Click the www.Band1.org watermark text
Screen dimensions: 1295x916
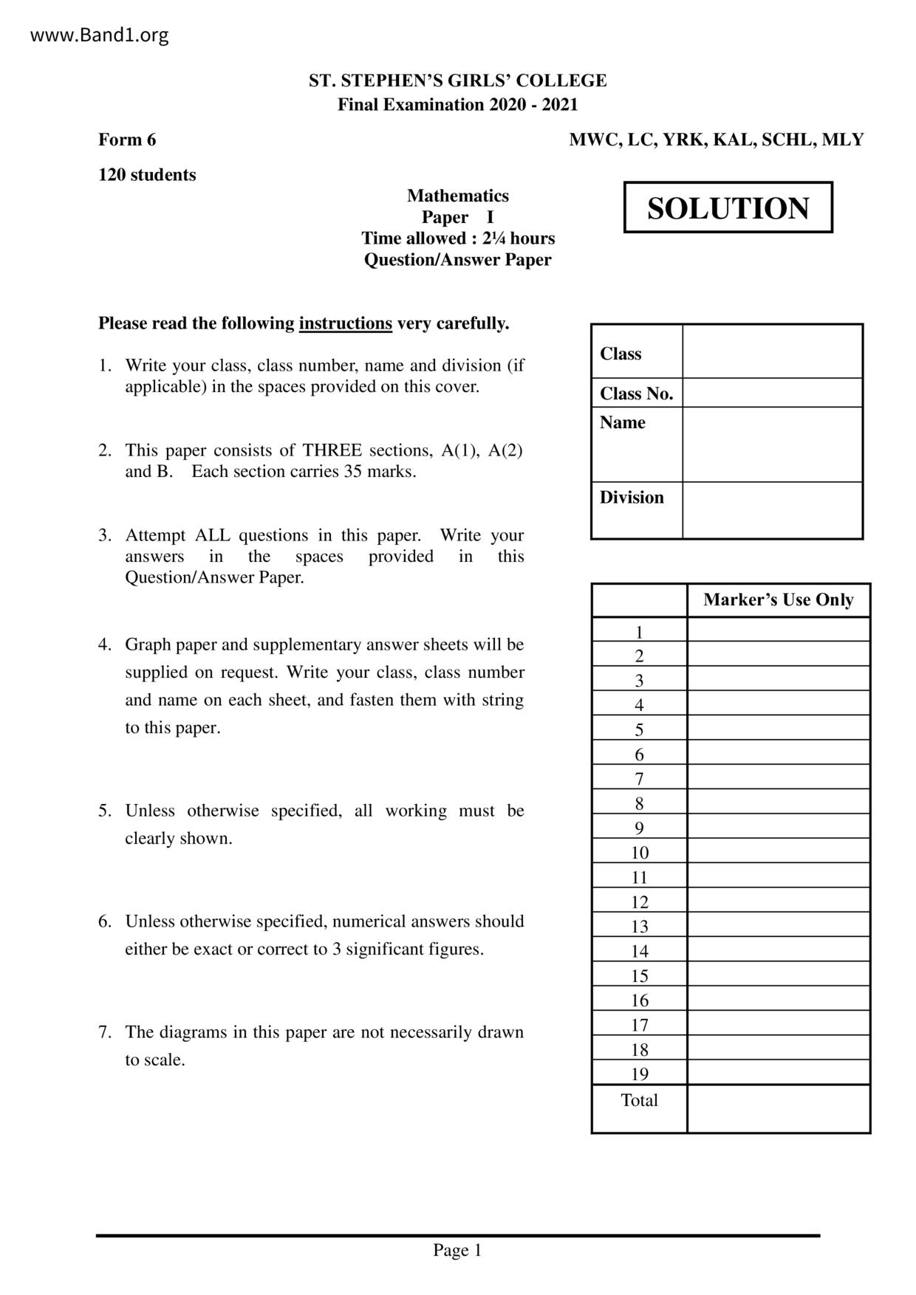[99, 35]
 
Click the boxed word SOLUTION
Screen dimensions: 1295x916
[728, 208]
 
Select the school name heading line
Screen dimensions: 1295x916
[457, 80]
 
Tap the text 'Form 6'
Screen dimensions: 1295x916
[127, 140]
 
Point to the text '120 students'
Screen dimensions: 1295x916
[147, 175]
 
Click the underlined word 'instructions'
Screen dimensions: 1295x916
[345, 323]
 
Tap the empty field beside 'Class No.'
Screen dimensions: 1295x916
[772, 393]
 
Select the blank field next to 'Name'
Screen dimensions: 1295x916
[772, 444]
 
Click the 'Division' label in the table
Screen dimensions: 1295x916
[632, 498]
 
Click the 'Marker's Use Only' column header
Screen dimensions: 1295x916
[778, 600]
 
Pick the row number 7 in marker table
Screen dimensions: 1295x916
[639, 779]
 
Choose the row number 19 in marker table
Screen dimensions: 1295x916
[639, 1074]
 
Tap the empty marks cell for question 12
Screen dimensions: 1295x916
[778, 902]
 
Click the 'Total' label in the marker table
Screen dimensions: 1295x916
[639, 1100]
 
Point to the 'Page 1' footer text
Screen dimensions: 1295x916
[457, 1250]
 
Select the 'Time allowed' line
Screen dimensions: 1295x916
[457, 238]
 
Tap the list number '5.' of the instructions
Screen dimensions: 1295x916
[105, 811]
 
